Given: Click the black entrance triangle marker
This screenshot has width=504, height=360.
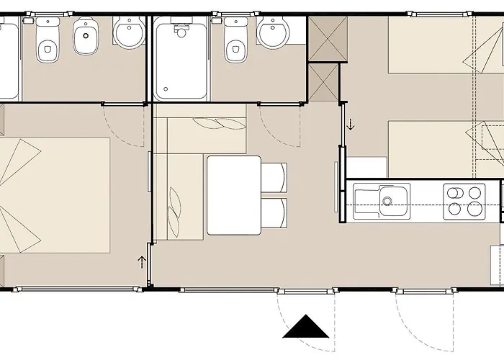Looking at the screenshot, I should (306, 328).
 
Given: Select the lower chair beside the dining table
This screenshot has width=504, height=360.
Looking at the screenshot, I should (274, 216).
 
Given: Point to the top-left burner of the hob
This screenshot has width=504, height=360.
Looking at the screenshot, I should (455, 192).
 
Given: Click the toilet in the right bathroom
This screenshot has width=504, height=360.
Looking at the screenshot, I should (235, 43).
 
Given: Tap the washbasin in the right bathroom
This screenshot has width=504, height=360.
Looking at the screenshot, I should (273, 32).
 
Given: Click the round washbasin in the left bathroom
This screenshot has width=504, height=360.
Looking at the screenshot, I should (130, 33).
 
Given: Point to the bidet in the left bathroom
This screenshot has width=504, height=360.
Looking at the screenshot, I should (87, 38).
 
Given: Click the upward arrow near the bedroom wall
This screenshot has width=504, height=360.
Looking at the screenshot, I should (142, 261).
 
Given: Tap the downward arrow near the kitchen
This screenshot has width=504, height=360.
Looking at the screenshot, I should (351, 125).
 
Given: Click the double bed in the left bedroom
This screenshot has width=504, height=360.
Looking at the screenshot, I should (54, 194).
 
